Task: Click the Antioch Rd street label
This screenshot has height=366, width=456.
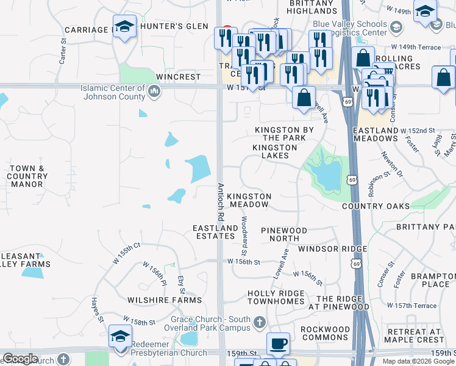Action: (221, 202)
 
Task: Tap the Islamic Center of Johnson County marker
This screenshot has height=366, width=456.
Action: (154, 92)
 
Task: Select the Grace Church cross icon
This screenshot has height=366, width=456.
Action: (260, 321)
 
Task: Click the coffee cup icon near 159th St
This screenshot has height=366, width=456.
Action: (279, 343)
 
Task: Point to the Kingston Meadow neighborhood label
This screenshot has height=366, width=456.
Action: (249, 201)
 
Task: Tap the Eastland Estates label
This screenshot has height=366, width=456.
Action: (215, 232)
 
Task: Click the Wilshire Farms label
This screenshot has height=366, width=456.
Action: (164, 300)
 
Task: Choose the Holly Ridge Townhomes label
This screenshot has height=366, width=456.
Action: (276, 298)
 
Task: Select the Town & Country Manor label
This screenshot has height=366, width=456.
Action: (27, 176)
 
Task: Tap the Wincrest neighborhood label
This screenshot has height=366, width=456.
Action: (178, 77)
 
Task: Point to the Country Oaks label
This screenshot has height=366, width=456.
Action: (376, 206)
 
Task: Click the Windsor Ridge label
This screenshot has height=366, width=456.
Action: (332, 249)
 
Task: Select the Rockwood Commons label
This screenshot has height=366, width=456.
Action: (326, 334)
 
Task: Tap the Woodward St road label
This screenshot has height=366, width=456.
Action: (244, 235)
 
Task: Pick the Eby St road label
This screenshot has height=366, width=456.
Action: (181, 284)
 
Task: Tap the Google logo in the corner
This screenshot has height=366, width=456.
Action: (20, 359)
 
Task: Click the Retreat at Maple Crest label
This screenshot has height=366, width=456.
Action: (411, 335)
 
